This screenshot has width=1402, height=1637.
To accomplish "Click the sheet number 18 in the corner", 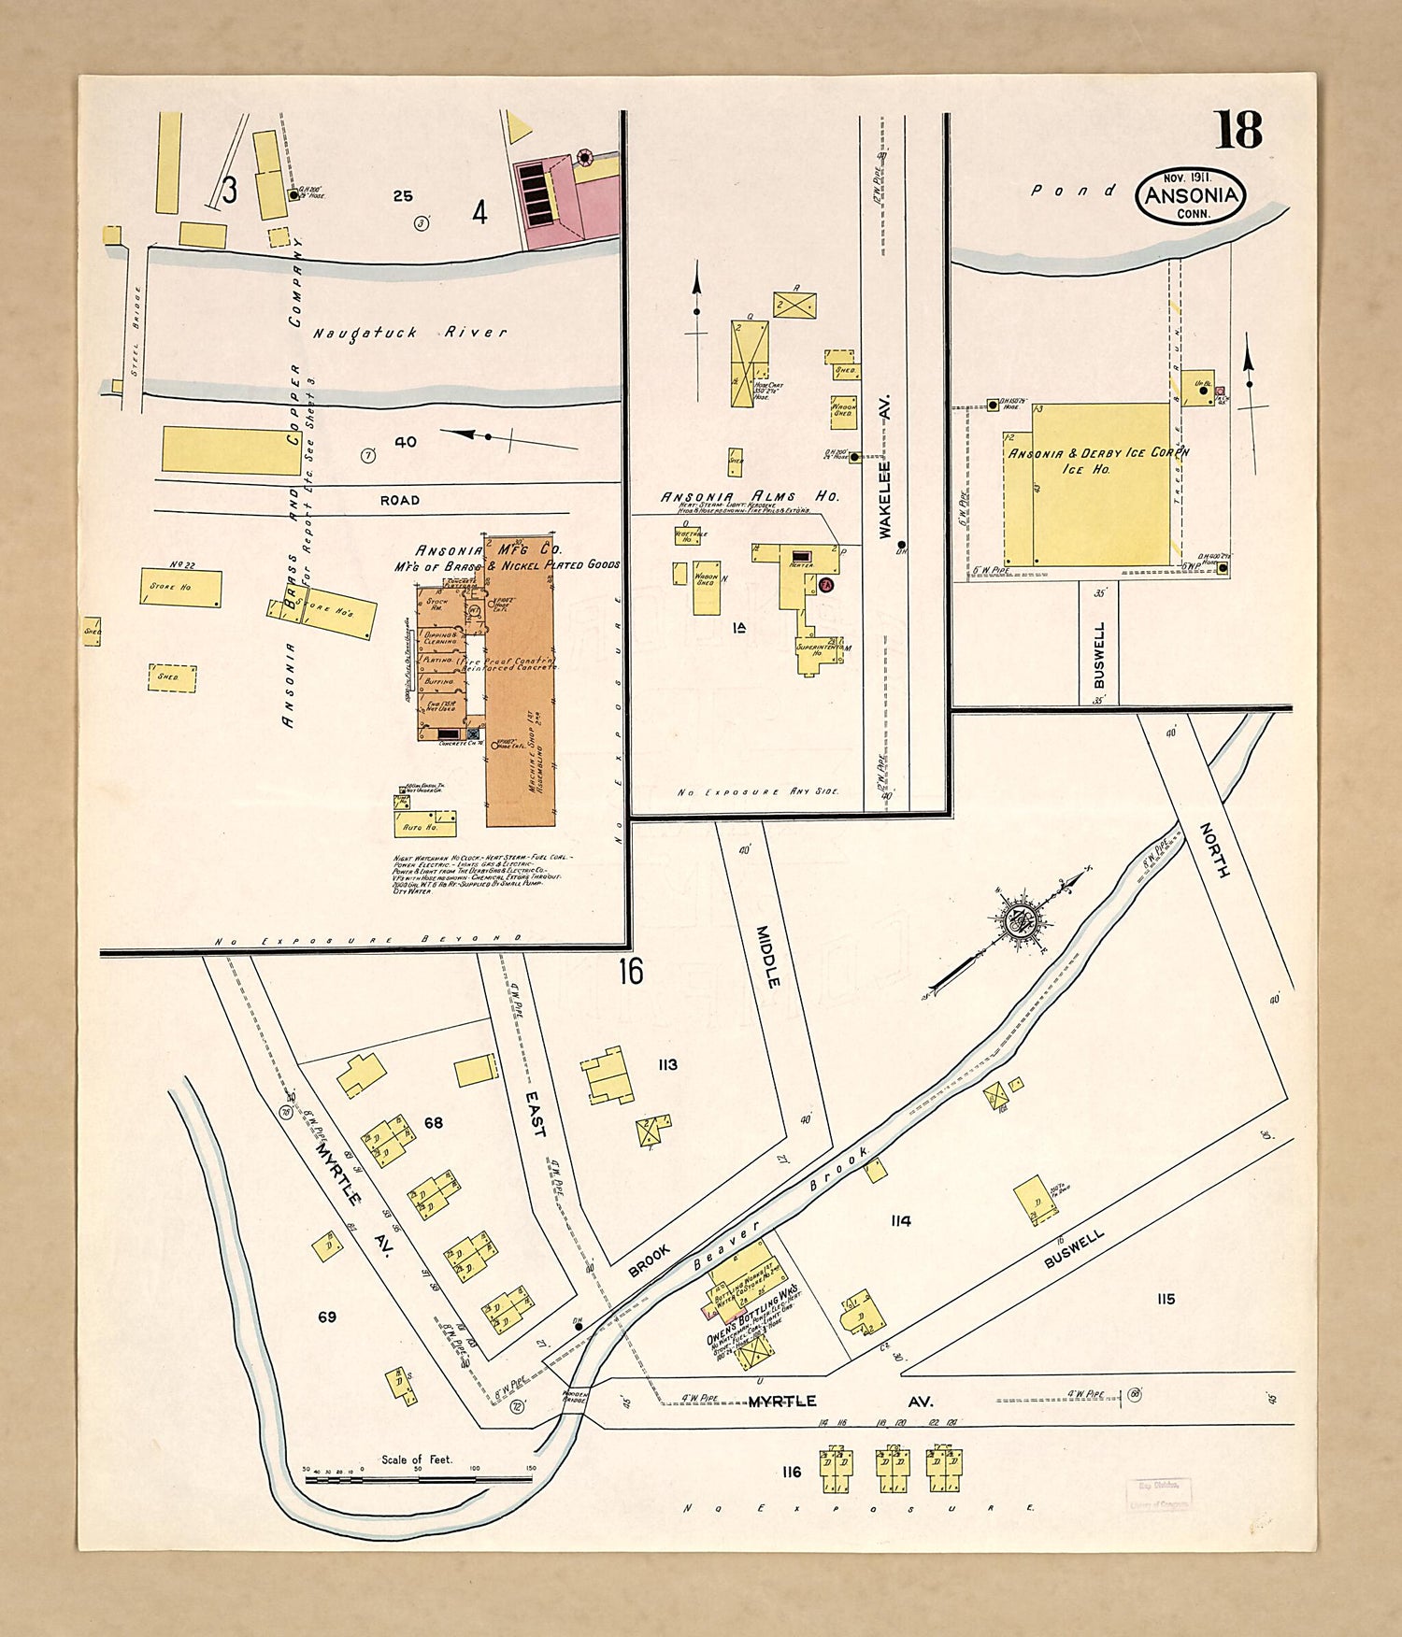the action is [x=1238, y=131].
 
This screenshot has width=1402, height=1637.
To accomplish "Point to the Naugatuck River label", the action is [x=409, y=333].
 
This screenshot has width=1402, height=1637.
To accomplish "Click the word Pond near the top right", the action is [x=1073, y=190].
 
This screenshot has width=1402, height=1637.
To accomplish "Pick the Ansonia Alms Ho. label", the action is [x=750, y=497].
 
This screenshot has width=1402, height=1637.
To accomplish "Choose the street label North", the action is [x=1213, y=849].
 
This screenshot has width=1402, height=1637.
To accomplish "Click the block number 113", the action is [x=667, y=1065].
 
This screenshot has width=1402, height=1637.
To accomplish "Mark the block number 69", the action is [x=326, y=1317].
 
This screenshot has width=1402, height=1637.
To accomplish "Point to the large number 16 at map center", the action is [x=630, y=972].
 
